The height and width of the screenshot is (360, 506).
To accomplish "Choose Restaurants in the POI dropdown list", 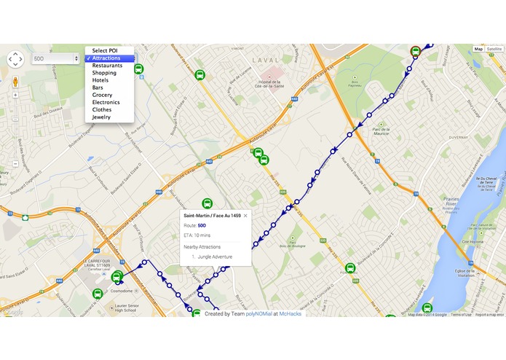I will coord(107,66).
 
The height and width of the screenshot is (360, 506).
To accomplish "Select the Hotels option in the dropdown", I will coord(101,80).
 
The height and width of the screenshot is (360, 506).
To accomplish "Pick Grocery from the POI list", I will coord(103,95).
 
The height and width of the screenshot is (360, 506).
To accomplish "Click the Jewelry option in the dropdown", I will coord(101,117).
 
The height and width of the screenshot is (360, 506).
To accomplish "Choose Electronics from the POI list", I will coord(106,102).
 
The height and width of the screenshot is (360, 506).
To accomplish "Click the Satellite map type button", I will coord(495,49).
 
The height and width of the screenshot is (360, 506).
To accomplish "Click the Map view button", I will coord(478,49).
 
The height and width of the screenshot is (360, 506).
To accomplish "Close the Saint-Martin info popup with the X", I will coord(245,216).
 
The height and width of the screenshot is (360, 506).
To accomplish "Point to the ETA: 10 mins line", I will coord(197,235).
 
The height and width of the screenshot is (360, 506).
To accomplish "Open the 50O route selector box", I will coord(55,58).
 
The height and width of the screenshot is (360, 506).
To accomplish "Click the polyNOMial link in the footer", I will coord(258,314).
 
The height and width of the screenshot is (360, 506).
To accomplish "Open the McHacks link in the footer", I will coord(290,314).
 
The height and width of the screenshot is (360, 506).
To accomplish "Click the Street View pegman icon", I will coord(16,82).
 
